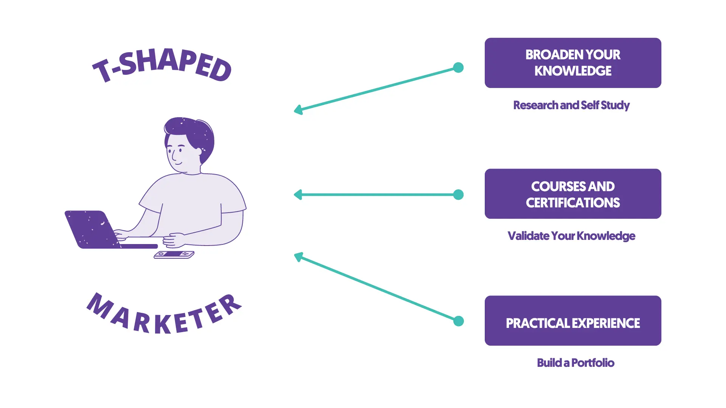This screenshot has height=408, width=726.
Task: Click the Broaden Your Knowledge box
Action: (573, 63)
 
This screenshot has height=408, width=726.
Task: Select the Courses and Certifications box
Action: (573, 194)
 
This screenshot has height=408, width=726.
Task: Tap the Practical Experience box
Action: (573, 321)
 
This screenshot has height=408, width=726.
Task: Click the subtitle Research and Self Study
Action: (571, 105)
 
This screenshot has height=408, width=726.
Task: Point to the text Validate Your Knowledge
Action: (571, 236)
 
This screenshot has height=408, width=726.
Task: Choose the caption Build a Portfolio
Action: (576, 363)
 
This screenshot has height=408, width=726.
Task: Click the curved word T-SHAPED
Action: (162, 65)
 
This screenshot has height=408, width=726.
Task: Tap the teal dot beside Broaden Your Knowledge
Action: (458, 68)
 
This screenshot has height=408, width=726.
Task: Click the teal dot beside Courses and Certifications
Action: (458, 195)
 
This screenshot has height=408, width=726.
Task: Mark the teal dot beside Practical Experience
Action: (458, 321)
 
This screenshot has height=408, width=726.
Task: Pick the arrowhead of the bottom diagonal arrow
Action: (298, 257)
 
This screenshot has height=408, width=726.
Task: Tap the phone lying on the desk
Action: (174, 255)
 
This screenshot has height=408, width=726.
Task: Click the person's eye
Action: (180, 150)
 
